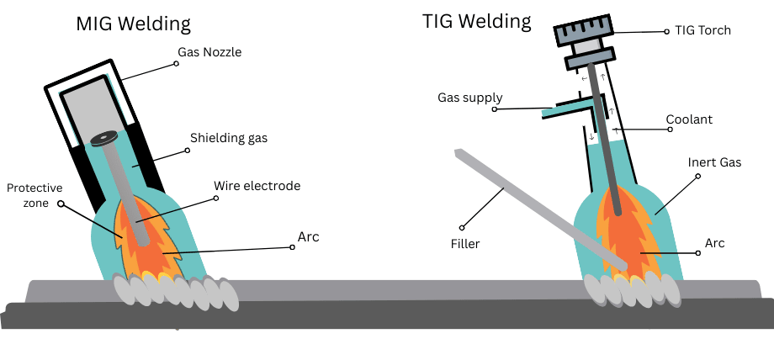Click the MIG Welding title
click(x=134, y=24)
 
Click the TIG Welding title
click(x=476, y=20)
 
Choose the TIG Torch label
click(x=702, y=30)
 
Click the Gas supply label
click(x=466, y=97)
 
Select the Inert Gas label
click(x=714, y=162)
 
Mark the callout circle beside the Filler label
click(x=462, y=227)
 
